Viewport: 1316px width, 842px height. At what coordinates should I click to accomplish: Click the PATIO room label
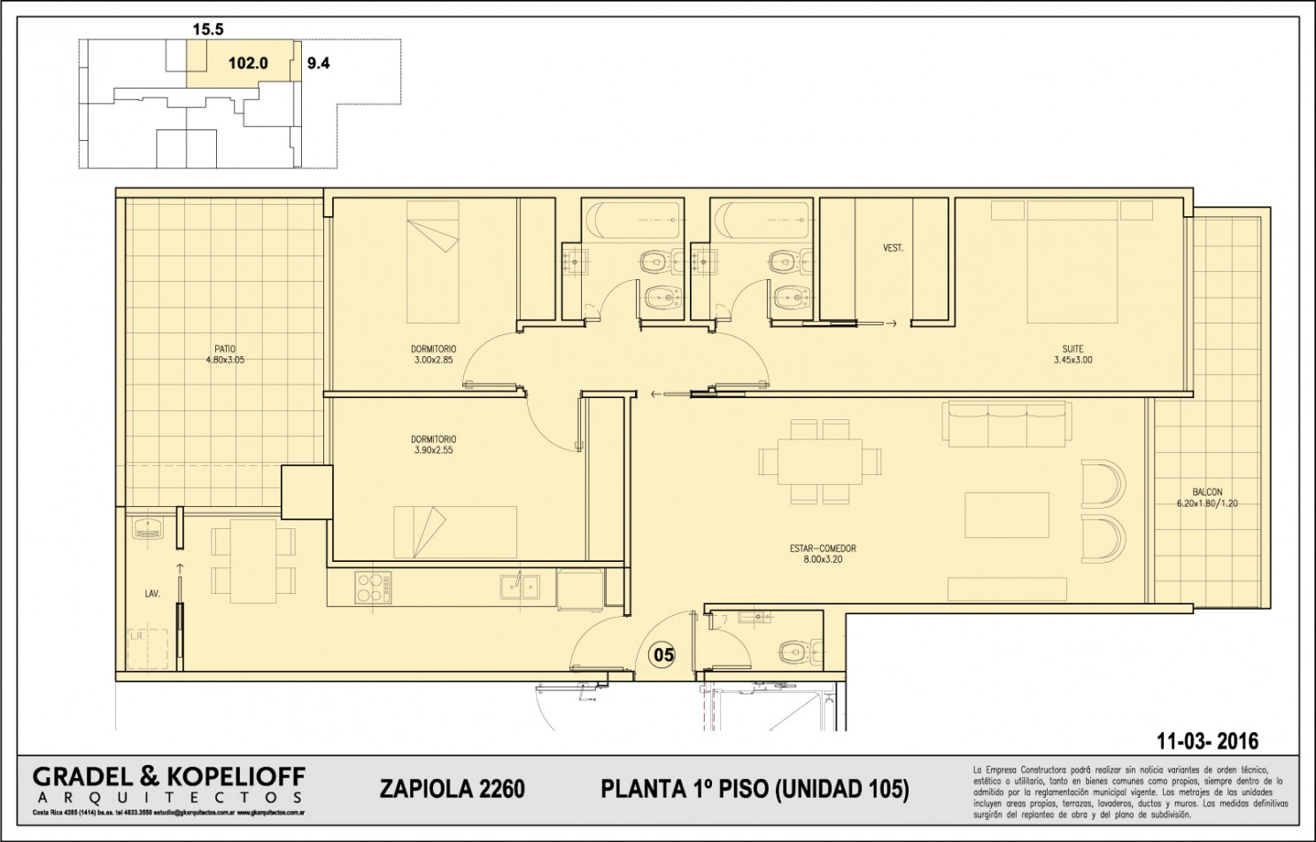[x=224, y=348]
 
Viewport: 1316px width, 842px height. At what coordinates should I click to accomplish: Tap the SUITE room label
[x=1072, y=349]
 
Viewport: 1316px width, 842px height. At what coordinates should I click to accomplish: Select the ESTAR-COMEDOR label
[x=823, y=549]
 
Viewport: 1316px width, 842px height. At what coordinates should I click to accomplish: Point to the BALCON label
[x=1206, y=492]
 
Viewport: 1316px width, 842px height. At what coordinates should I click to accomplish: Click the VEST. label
[x=893, y=248]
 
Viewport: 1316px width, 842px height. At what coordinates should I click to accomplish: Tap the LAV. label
[x=152, y=594]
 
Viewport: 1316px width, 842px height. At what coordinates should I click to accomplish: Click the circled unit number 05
[x=663, y=655]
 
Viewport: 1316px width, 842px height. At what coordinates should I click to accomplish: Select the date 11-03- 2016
[x=1207, y=741]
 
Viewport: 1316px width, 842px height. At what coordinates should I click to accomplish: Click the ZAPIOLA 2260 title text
[x=452, y=788]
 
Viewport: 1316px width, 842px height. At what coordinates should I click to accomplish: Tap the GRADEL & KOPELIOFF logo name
[x=169, y=777]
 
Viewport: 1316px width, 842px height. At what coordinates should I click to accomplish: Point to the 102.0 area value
[x=248, y=63]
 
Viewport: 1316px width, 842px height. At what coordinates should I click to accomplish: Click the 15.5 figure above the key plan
[x=208, y=29]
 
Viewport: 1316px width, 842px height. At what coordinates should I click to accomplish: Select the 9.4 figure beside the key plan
[x=318, y=63]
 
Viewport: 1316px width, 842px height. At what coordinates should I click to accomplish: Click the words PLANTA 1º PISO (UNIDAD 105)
[x=755, y=788]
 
